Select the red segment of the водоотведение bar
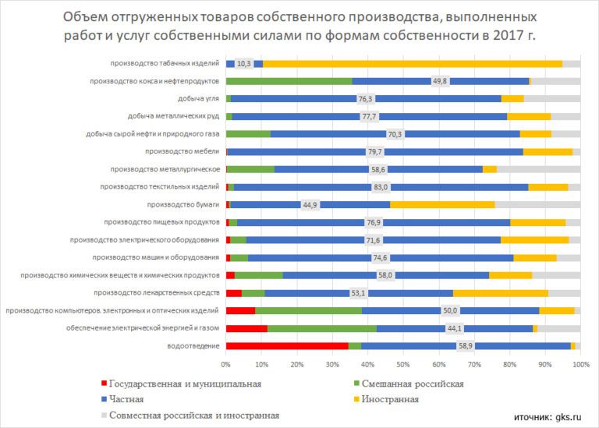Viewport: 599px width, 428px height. point(286,345)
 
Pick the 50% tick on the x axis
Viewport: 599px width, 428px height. point(402,364)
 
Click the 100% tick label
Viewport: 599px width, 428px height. point(579,364)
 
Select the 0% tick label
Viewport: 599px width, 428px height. point(225,364)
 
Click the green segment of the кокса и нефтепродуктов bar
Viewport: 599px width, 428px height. point(289,81)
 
